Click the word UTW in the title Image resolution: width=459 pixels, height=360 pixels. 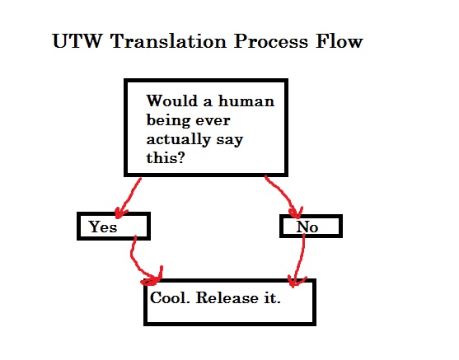coord(77,41)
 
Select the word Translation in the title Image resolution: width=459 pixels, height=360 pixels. coord(169,41)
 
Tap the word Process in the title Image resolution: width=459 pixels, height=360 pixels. coord(271,41)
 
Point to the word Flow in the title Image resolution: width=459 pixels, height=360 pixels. coord(340,41)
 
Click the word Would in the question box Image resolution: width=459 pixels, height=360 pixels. coord(172,101)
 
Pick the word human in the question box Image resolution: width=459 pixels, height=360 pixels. coord(246,101)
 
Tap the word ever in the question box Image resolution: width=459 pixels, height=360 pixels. coord(213,122)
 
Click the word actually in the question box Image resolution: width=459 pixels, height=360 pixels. coord(178,139)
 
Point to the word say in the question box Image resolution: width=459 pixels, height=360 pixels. coord(230,141)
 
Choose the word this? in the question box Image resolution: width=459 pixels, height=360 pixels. coord(166,158)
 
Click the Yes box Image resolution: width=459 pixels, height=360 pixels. coord(114,227)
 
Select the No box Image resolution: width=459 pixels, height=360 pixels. coord(311,226)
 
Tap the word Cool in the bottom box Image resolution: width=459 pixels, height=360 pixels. coord(167,298)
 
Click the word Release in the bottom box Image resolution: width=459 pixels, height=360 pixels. coord(227,298)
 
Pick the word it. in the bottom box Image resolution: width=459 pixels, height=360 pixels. coord(273,298)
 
